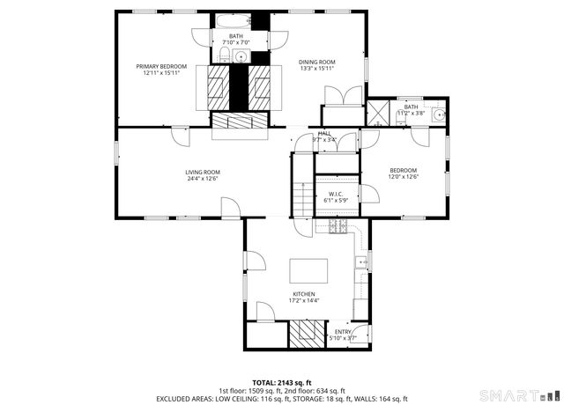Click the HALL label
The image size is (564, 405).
(337, 133)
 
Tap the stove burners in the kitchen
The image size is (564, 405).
(338, 227)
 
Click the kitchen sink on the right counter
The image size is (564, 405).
(361, 261)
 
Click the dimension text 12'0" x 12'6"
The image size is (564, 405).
(404, 177)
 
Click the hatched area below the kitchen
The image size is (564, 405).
(308, 332)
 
